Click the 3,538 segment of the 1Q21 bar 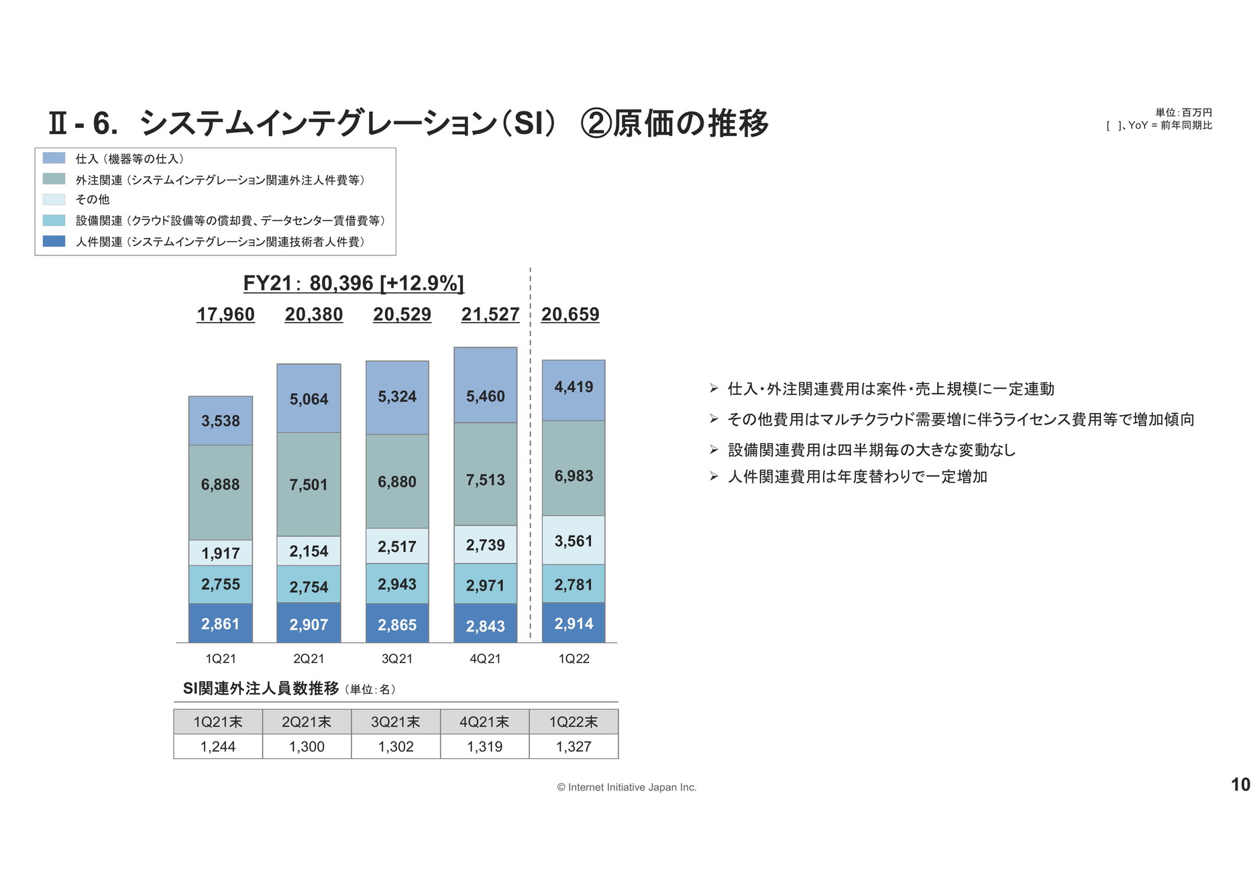tap(221, 420)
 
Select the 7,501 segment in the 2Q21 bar tap(309, 484)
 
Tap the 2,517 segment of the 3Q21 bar tap(397, 546)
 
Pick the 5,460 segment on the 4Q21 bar tap(485, 396)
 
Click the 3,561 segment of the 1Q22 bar tap(574, 540)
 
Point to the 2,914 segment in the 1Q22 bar tap(574, 623)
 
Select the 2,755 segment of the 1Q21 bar tap(221, 584)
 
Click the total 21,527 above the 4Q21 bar tap(490, 314)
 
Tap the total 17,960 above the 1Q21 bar tap(225, 314)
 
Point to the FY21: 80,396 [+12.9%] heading tap(353, 283)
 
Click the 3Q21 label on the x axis tap(397, 658)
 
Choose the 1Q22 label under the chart tap(574, 658)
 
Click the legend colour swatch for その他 tap(54, 199)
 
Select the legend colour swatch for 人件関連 tap(54, 241)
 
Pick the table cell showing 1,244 tap(218, 746)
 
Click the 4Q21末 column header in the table tap(484, 721)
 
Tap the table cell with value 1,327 tap(574, 746)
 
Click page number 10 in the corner tap(1240, 784)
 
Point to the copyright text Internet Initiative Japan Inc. tap(626, 787)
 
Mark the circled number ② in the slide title tap(596, 123)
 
